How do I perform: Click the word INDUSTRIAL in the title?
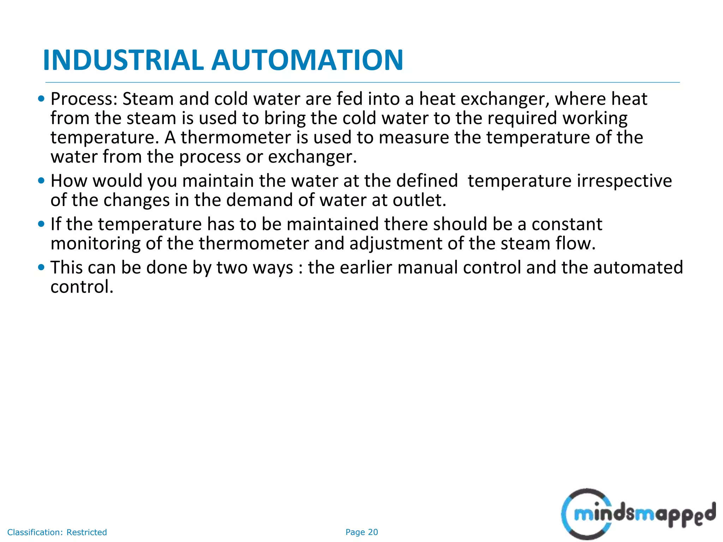pyautogui.click(x=123, y=60)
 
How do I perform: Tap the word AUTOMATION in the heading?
pyautogui.click(x=307, y=60)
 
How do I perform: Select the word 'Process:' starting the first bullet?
pyautogui.click(x=84, y=99)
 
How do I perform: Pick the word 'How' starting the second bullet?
pyautogui.click(x=69, y=181)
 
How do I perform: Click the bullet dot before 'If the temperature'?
pyautogui.click(x=41, y=224)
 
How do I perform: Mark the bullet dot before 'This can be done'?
pyautogui.click(x=41, y=267)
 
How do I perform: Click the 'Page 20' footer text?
pyautogui.click(x=361, y=532)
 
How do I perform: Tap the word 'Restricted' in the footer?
pyautogui.click(x=86, y=532)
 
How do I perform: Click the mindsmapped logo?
pyautogui.click(x=638, y=514)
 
